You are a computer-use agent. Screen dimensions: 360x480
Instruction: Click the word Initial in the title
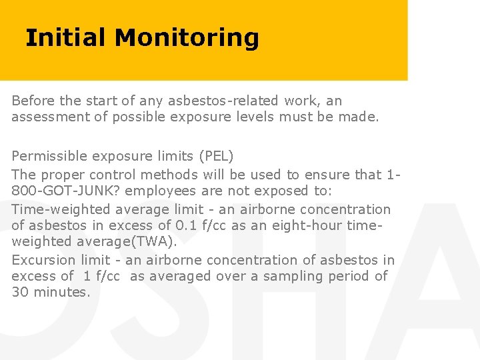click(65, 38)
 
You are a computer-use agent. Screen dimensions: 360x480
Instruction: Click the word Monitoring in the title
click(186, 38)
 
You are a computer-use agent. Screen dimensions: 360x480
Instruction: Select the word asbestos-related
click(221, 101)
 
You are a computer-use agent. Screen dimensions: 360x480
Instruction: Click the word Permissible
click(51, 157)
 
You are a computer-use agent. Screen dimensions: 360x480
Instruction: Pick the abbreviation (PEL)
click(216, 157)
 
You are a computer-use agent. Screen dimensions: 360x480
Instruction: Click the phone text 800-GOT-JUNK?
click(66, 191)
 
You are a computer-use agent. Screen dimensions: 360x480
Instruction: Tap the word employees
click(161, 191)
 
